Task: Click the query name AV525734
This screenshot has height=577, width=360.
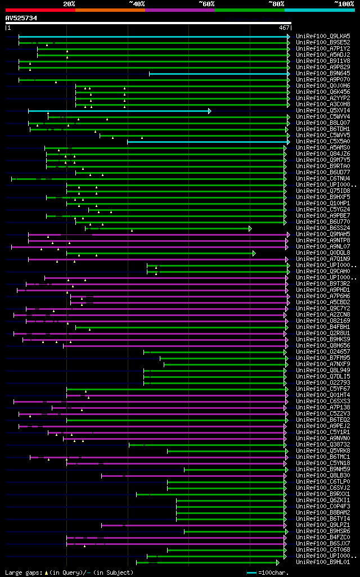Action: pos(21,18)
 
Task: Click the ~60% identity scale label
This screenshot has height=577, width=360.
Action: pos(206,3)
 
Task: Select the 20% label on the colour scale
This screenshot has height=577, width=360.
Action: pos(69,3)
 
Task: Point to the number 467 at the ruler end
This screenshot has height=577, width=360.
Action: pos(284,27)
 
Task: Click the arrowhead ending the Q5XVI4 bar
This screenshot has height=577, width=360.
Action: pos(210,111)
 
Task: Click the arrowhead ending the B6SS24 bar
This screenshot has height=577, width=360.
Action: pos(250,228)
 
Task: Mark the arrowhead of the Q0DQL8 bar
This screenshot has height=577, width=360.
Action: pos(254,253)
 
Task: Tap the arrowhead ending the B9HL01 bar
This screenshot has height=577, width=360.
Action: pos(278,562)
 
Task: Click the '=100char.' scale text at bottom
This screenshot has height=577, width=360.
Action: pos(273,573)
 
